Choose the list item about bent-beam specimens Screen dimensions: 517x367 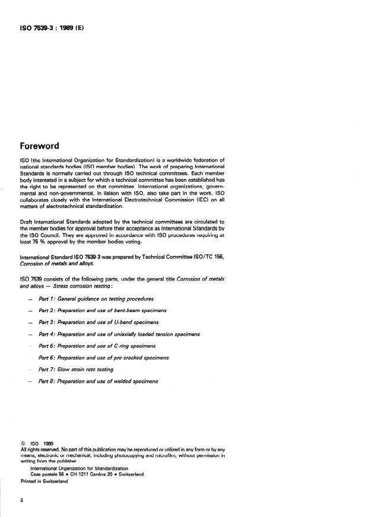click(102, 310)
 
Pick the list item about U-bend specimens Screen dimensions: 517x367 click(98, 322)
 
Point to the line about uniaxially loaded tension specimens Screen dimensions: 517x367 click(119, 334)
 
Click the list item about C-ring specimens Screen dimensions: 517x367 click(97, 346)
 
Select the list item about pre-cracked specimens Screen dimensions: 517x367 click(103, 358)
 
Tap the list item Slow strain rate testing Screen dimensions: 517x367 click(75, 370)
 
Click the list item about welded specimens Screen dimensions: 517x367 click(98, 381)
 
